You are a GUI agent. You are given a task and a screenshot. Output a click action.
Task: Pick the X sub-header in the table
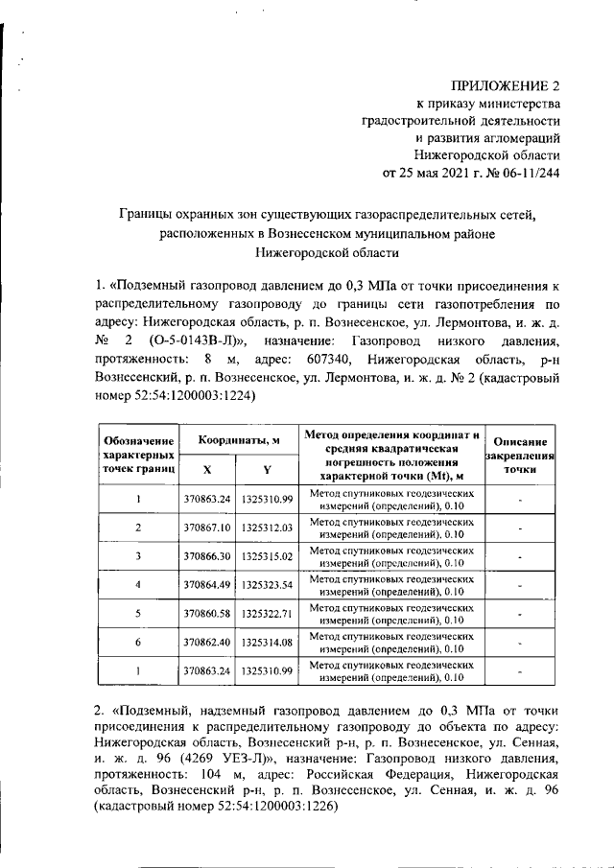click(208, 468)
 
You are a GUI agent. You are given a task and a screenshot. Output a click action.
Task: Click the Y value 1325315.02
click(267, 555)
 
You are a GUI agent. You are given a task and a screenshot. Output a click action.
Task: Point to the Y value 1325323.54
click(267, 584)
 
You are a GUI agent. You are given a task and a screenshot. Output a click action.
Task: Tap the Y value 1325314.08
click(267, 641)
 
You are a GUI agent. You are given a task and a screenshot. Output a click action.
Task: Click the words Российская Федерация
click(374, 774)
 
